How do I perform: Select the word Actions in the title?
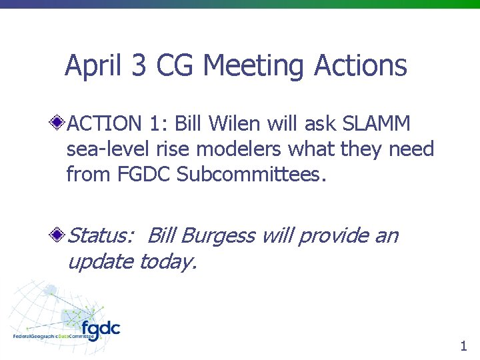(x=360, y=66)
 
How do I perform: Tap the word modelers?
(x=246, y=149)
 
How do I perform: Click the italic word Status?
(x=101, y=235)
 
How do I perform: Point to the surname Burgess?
(x=217, y=235)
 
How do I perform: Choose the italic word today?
(x=167, y=261)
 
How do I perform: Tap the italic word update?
(x=100, y=261)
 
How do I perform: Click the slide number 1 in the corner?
(x=463, y=345)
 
